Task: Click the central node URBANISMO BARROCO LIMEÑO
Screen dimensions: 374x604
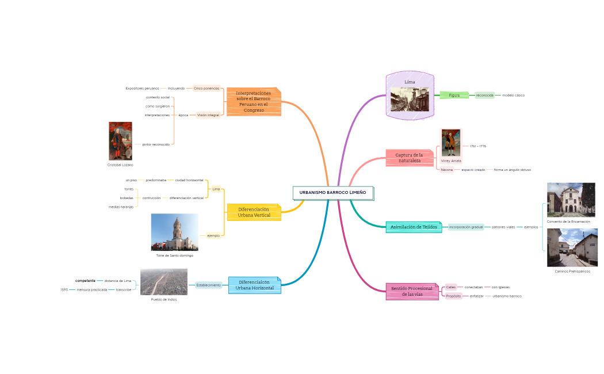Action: (332, 192)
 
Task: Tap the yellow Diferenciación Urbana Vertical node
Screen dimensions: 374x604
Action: (254, 212)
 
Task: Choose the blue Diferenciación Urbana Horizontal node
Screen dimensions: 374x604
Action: (254, 285)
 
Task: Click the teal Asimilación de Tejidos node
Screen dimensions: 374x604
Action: (414, 227)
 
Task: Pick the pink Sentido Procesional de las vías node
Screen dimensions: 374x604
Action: (411, 291)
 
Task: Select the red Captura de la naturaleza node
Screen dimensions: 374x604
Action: (409, 158)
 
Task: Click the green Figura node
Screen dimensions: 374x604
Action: (454, 95)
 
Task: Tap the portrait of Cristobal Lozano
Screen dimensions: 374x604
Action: (120, 141)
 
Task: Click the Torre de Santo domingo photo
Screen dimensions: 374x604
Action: (174, 232)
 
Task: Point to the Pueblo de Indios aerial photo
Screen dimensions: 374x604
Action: (163, 282)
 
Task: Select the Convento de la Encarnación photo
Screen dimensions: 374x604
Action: (571, 200)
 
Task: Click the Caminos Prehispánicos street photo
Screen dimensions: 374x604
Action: (572, 247)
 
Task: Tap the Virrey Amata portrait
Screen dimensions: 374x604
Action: (451, 143)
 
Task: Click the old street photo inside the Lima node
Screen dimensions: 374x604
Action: (410, 99)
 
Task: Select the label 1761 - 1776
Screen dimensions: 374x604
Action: (478, 146)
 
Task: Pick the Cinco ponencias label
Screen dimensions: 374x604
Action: (207, 89)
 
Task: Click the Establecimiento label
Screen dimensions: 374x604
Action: (208, 285)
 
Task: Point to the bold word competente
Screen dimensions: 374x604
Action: (85, 281)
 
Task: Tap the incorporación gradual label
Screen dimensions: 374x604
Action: (466, 227)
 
